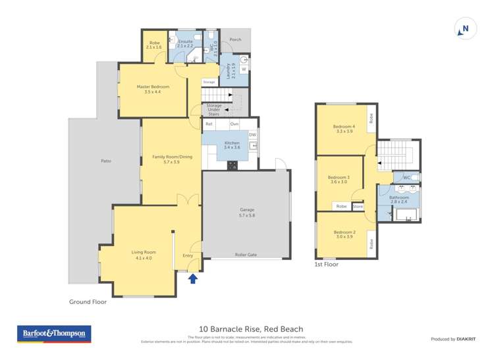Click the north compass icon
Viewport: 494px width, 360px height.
tap(464, 29)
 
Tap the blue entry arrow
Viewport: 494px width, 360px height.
tap(193, 278)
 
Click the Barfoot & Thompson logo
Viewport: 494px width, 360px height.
tap(54, 334)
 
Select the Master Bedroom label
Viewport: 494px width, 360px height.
tap(153, 89)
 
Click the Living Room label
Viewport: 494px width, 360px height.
tap(144, 255)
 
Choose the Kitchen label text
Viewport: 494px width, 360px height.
tap(233, 145)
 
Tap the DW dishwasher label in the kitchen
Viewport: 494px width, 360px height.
tap(252, 134)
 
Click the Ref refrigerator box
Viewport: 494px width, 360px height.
tap(209, 124)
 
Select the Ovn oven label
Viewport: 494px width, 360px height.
tap(234, 124)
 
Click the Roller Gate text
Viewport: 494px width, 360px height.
tap(246, 255)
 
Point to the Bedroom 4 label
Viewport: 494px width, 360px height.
tap(344, 128)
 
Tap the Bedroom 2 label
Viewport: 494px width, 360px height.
tap(344, 234)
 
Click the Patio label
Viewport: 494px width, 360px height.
tap(105, 161)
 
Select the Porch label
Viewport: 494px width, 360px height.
tap(235, 39)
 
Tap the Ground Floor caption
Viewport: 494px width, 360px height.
tap(88, 302)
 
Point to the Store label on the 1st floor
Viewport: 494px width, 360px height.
tap(358, 207)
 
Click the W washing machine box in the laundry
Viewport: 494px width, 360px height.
tap(244, 68)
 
